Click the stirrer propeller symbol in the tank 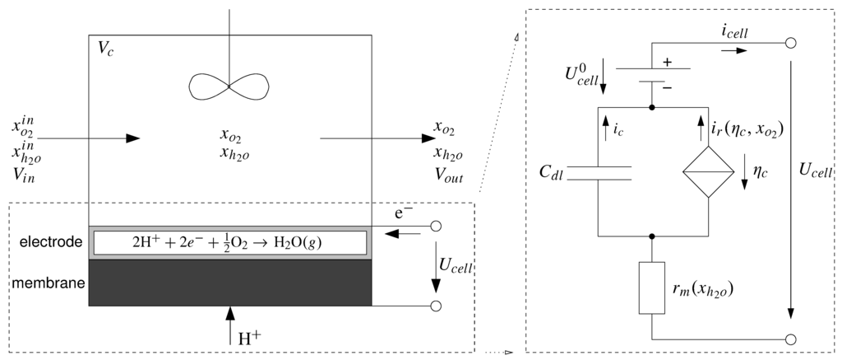click(229, 86)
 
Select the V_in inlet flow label click(26, 174)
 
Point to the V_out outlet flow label click(451, 174)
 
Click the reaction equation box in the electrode click(230, 242)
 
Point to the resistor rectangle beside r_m click(651, 288)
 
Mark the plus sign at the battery click(667, 62)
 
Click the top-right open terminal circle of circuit click(791, 43)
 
